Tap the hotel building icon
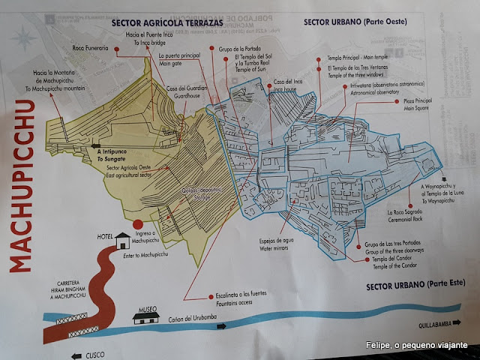(x=122, y=241)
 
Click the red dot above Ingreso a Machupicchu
(x=137, y=224)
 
